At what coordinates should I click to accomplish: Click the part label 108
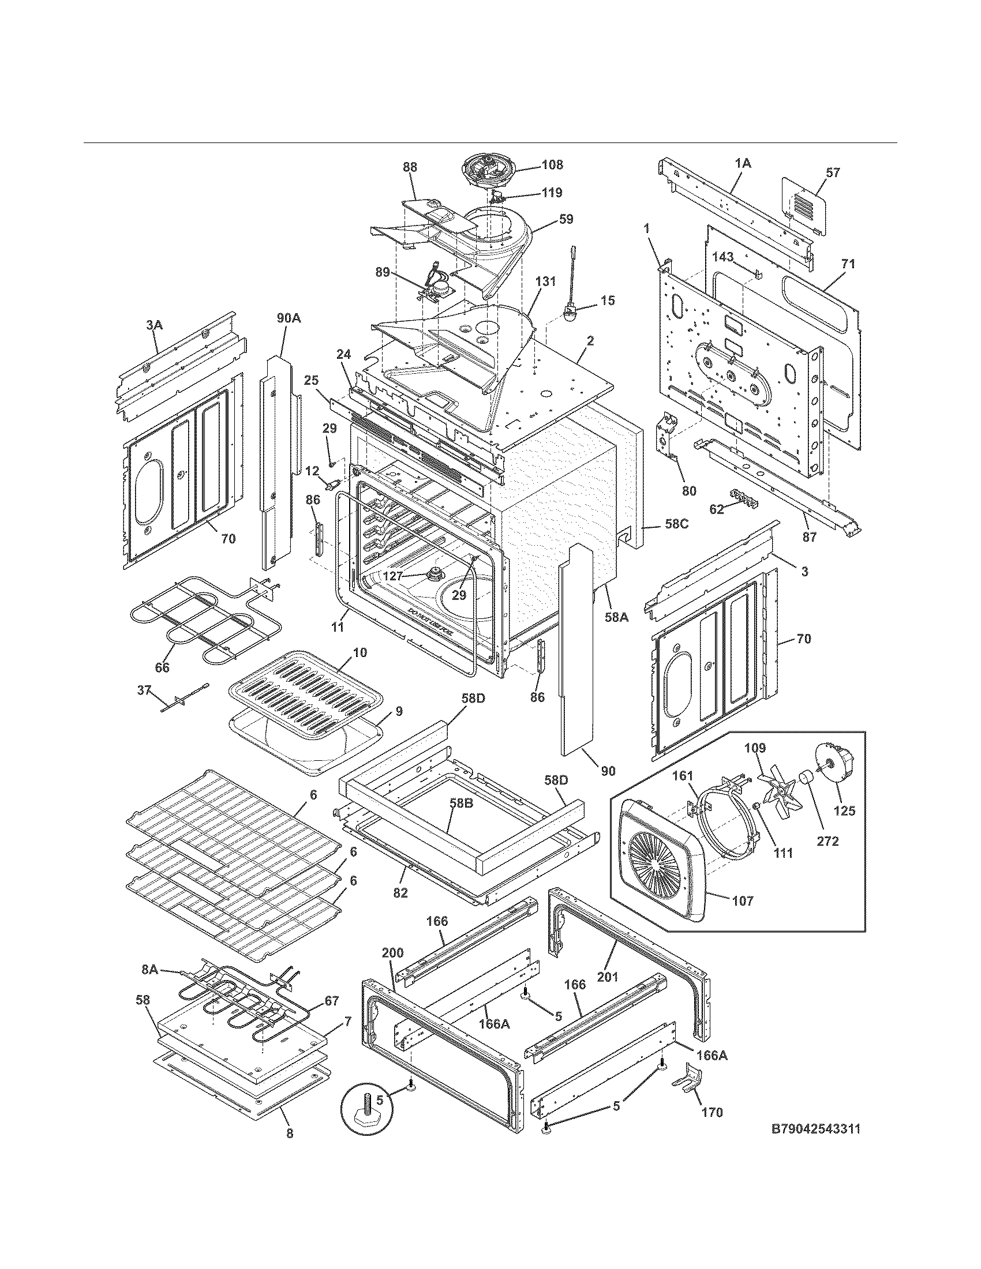[552, 165]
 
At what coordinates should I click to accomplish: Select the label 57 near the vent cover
[833, 172]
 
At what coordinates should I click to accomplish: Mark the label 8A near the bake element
[150, 969]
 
